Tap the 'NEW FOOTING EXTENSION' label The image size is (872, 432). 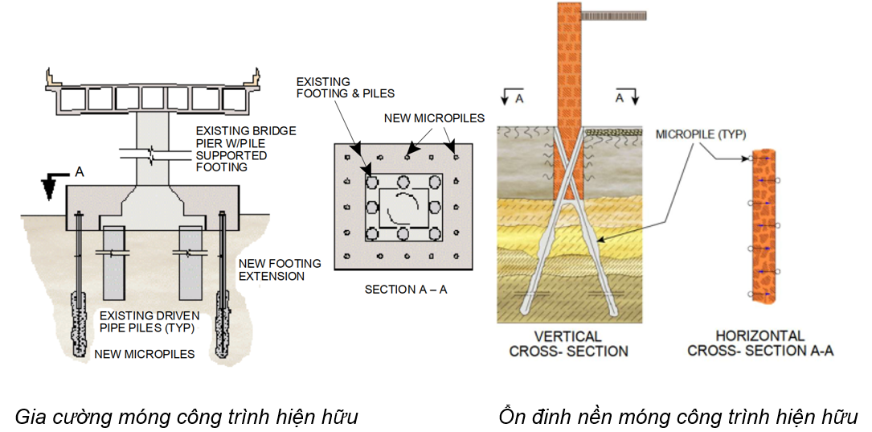coord(279,269)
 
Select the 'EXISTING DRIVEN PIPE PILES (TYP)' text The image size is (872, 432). coord(149,322)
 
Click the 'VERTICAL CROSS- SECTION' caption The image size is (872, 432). coord(567,344)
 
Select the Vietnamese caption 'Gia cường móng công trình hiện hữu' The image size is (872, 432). coord(186,417)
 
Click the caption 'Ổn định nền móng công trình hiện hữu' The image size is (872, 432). coord(678,417)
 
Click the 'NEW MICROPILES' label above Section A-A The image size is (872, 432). coord(434,118)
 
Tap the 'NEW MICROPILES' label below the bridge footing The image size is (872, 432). coord(145,354)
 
